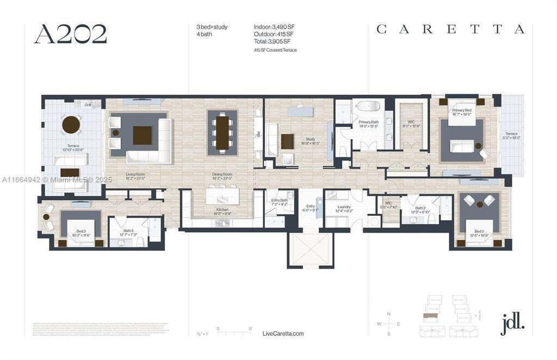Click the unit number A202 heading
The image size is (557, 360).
coord(70,34)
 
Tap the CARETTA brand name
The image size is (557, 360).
coord(450,29)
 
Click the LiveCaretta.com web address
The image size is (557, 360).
coord(283,333)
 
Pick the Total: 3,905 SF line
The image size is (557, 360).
coord(272,41)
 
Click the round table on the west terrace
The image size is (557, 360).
coord(71,125)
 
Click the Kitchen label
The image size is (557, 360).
coord(221,209)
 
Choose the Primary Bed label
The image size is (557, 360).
coord(461,110)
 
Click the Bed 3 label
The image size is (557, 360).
coord(81,232)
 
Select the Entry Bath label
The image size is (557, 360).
coord(279,200)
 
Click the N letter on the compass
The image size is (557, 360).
coord(388,314)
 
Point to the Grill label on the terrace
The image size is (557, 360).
coord(87,105)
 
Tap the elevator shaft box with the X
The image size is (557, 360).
coord(310,249)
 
